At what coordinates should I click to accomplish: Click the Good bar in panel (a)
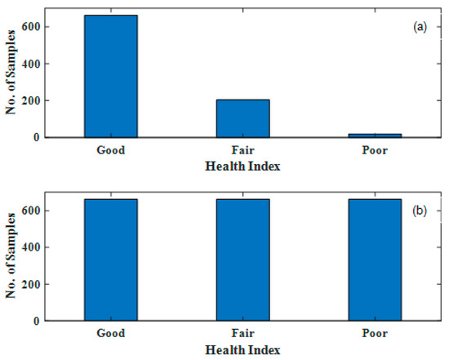(110, 76)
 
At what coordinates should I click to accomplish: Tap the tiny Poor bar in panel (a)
(376, 136)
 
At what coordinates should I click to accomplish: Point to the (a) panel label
(421, 27)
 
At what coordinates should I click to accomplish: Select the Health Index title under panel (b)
(242, 350)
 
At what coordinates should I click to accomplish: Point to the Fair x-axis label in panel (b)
(242, 336)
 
